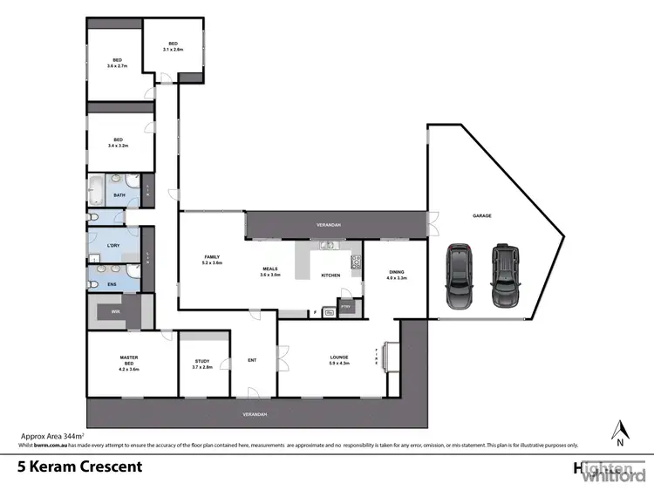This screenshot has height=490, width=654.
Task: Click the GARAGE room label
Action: (482, 214)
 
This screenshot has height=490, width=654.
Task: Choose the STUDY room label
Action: (202, 363)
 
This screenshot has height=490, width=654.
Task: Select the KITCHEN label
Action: (330, 276)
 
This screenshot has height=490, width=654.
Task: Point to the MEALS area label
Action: (269, 271)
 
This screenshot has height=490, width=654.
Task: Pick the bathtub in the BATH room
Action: (97, 189)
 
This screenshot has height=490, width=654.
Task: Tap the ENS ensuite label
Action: (113, 282)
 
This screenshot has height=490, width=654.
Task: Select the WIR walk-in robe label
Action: (113, 311)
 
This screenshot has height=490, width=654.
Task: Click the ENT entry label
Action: (252, 359)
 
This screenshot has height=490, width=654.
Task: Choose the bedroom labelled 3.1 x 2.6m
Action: (173, 47)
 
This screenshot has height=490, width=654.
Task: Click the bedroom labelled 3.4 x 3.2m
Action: (117, 142)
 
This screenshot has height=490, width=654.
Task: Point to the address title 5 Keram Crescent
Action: (79, 466)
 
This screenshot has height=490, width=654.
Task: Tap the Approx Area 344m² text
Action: (51, 434)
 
